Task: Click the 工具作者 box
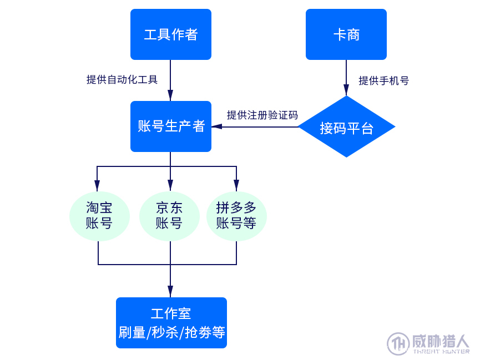point(170,34)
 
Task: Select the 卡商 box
point(346,34)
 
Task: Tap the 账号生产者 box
point(170,126)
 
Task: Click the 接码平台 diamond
point(346,127)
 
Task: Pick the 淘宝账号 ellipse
point(99,216)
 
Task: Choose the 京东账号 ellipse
point(169,216)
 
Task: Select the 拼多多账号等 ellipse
point(236,216)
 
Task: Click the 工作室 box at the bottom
point(171,323)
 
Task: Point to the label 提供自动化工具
point(122,79)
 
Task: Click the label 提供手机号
point(383,81)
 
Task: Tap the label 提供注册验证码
point(262,115)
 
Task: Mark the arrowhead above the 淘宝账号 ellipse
point(97,185)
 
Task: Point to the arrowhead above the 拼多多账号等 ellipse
point(236,185)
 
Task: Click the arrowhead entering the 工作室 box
point(170,292)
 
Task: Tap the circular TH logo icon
point(398,343)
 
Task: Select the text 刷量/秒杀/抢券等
point(171,333)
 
